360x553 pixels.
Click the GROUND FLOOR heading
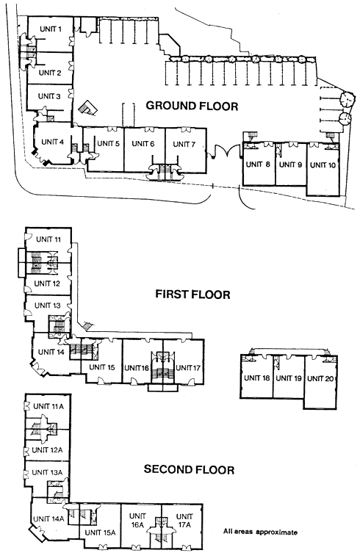[x=192, y=106]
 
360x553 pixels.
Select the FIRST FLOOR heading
[x=192, y=294]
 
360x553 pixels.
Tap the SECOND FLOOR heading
[x=189, y=469]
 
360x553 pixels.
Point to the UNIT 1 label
[x=51, y=29]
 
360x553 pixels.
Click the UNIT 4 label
[x=53, y=142]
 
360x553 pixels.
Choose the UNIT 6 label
[x=143, y=143]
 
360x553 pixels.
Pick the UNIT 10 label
[x=323, y=165]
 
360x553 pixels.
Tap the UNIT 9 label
[x=290, y=165]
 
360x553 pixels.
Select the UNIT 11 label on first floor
[x=48, y=239]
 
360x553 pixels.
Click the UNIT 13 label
[x=48, y=306]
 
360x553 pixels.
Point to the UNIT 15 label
[x=102, y=367]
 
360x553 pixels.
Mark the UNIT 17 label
[x=188, y=368]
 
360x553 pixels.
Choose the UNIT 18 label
[x=256, y=378]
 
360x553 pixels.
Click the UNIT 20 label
[x=320, y=378]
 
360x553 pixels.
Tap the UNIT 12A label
[x=47, y=450]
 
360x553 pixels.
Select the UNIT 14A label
[x=48, y=518]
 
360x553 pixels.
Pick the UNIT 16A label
[x=137, y=521]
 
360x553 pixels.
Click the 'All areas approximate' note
[x=261, y=532]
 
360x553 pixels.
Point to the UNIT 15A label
[x=100, y=532]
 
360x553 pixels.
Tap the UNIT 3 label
[x=49, y=96]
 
